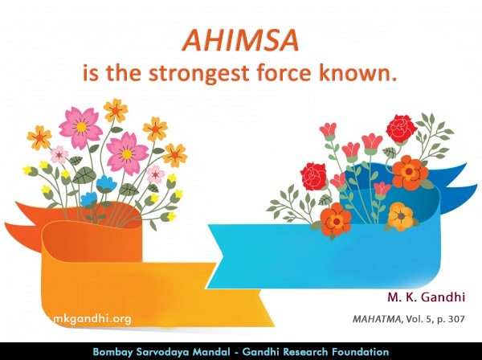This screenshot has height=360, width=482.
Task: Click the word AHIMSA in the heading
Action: [241, 40]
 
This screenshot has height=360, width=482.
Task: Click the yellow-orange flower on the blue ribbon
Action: [399, 215]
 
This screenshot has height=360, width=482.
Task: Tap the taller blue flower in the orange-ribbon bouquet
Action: [107, 182]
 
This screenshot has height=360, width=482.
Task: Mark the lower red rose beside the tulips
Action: [313, 176]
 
